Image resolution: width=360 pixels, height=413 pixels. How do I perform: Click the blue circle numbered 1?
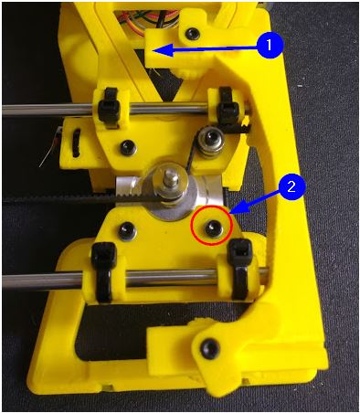tap(270, 45)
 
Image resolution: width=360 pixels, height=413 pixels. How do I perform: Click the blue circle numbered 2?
tap(291, 186)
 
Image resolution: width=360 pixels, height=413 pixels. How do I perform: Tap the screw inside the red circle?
tap(211, 227)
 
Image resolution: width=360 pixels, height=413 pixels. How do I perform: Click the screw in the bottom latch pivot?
tap(210, 346)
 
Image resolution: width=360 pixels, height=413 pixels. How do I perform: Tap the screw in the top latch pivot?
tap(193, 32)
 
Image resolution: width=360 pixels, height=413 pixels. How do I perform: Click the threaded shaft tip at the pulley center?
tap(167, 178)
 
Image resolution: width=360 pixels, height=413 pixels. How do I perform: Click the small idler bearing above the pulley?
tap(207, 140)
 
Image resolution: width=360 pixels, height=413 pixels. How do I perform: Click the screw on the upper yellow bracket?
tap(127, 147)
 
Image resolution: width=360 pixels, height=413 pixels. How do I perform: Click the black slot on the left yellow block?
tap(76, 143)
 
